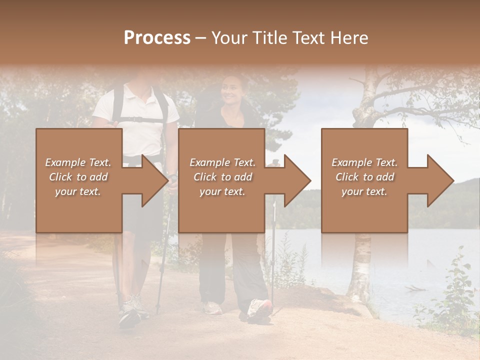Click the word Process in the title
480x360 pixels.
(157, 38)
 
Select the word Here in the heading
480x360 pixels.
(349, 38)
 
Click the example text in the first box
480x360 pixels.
(78, 177)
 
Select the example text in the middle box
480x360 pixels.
(222, 177)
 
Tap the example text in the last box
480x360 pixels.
(364, 177)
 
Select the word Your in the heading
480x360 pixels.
(229, 38)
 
